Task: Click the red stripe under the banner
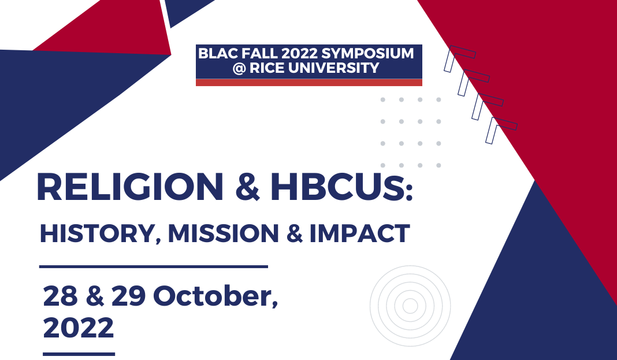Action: click(308, 83)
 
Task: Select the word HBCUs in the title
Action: click(343, 187)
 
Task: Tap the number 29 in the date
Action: click(131, 296)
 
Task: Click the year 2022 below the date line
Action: click(79, 328)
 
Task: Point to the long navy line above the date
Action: click(154, 266)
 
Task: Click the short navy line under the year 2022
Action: click(79, 354)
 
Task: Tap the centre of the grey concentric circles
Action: click(410, 306)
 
